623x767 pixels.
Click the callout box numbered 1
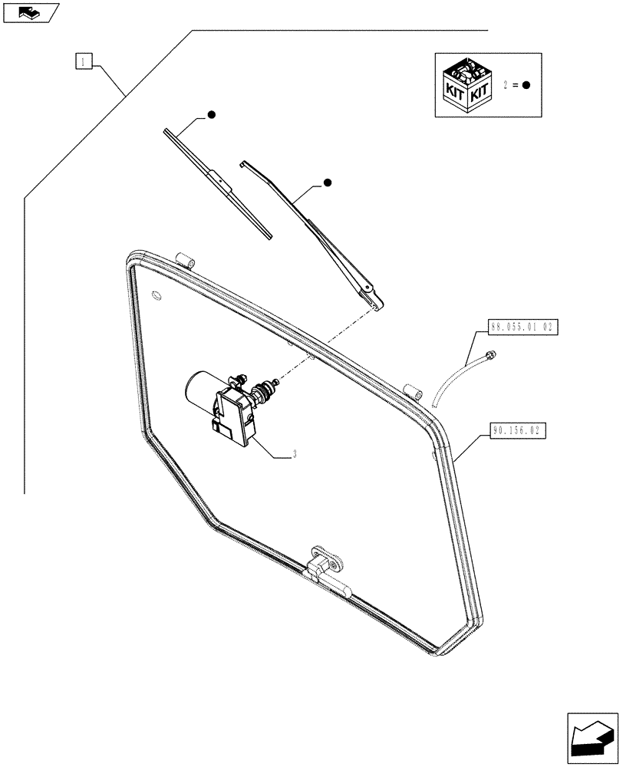point(84,61)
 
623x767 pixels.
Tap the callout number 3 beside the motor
point(295,454)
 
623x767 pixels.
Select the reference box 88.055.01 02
point(522,328)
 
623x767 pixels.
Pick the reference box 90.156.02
point(516,431)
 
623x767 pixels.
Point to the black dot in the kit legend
point(526,85)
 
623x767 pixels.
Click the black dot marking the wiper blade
point(211,115)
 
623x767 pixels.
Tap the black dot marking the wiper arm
point(327,183)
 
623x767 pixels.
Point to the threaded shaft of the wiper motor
point(269,390)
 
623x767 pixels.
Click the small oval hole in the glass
point(157,295)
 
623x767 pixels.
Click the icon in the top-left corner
point(30,12)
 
